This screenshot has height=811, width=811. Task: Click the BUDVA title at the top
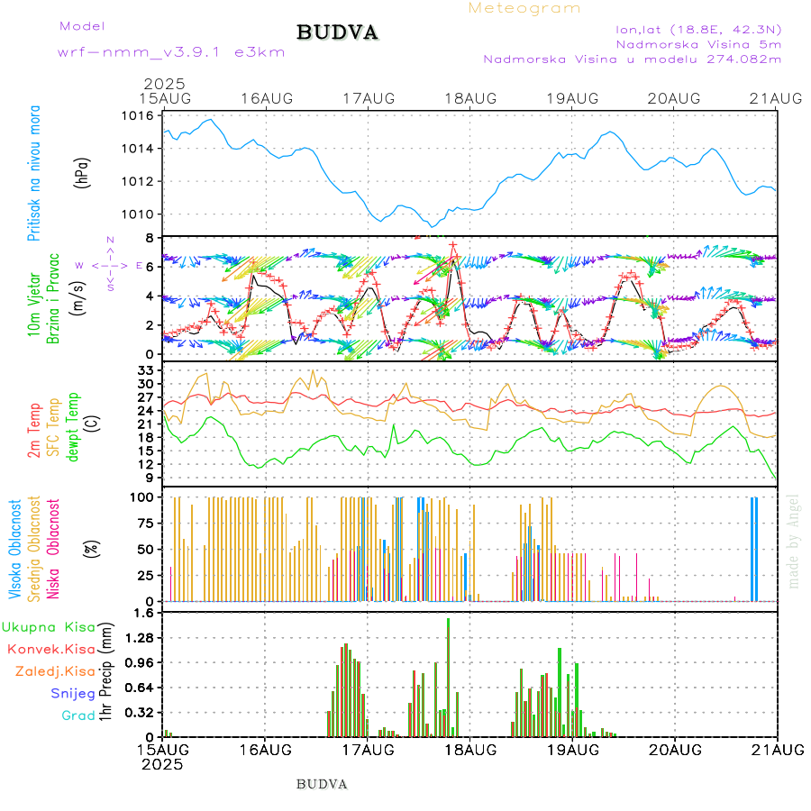pos(337,32)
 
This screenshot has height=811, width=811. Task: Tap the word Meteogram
pos(524,8)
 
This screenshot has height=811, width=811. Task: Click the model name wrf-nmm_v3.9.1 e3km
pos(171,52)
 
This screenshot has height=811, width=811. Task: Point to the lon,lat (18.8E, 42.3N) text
pos(698,28)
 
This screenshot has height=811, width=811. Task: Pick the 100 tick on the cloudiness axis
pos(141,497)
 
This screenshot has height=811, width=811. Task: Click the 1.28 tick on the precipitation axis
pos(140,637)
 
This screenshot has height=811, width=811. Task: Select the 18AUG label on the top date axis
pos(470,97)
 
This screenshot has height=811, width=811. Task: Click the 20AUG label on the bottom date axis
pos(675,749)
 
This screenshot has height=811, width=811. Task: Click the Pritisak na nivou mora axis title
pos(34,174)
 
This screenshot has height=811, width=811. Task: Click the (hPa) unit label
pos(81,173)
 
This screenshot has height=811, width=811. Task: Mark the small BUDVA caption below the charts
pos(322,783)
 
